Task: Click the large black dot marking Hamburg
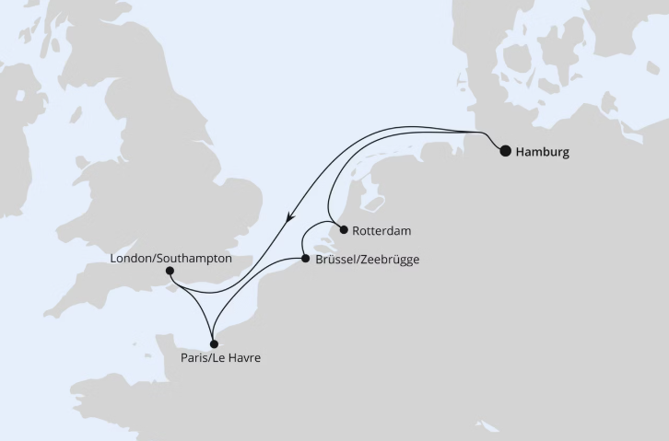505,152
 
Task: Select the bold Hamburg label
544,153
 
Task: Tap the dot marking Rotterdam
343,230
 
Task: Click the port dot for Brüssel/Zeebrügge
305,260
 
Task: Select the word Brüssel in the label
335,261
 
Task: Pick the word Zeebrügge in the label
391,261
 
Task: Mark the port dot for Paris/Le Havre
213,342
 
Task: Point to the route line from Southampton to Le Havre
193,304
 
